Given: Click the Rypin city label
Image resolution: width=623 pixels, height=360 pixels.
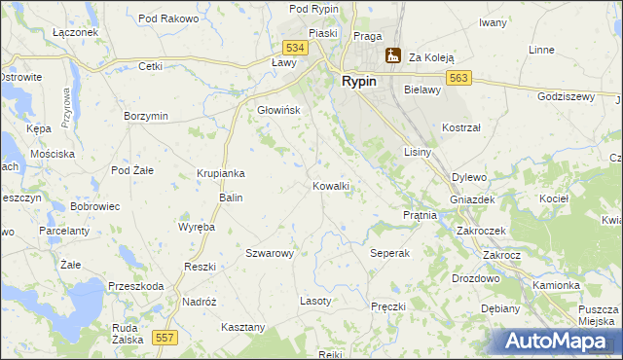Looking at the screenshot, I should (x=359, y=82).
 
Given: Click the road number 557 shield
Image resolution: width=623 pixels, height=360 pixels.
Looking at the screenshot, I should (x=165, y=337).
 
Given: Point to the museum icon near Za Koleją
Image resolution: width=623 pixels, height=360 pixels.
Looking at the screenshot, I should (x=392, y=56).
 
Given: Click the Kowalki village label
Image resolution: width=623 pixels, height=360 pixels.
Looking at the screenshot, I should (x=331, y=186).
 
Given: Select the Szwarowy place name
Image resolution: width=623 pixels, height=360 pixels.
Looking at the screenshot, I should (x=270, y=253).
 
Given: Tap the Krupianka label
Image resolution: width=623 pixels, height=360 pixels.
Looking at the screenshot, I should (x=220, y=173).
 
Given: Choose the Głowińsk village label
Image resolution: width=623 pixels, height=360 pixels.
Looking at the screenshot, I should (x=278, y=110).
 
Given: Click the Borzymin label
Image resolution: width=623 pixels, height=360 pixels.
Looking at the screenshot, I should (x=146, y=116).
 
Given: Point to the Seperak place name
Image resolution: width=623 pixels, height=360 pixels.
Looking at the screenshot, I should (x=390, y=253).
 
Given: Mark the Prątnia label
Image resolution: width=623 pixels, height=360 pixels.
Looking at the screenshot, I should (x=420, y=215).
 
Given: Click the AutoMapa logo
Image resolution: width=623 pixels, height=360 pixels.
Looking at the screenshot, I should (x=557, y=341).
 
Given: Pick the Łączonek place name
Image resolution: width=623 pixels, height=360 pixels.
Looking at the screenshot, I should (x=76, y=32).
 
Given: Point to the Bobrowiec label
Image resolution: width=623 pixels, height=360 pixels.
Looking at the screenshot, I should (x=94, y=207).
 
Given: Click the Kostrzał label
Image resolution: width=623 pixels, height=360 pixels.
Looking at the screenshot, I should (x=461, y=127).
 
